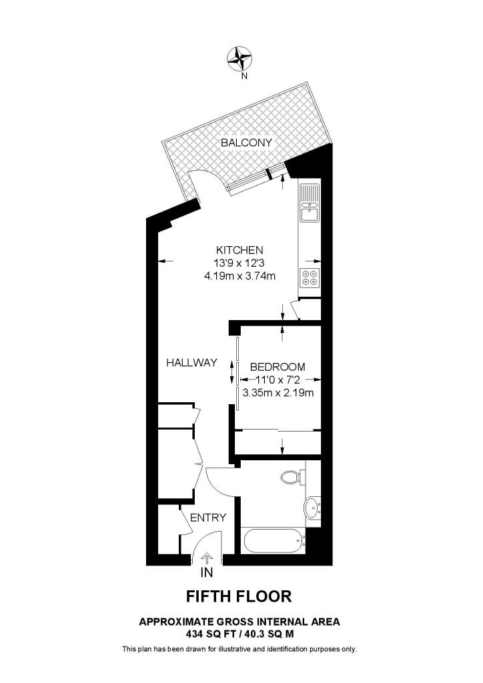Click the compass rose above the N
point(240,59)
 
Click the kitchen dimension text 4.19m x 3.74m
point(241,275)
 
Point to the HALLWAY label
point(191,363)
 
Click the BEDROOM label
point(278,367)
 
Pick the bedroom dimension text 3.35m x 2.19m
point(278,392)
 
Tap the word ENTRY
point(208,518)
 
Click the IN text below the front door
point(207,572)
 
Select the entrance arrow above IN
point(207,558)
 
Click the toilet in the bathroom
point(291,477)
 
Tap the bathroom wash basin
point(312,509)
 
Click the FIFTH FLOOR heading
point(238,596)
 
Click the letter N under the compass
point(244,75)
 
